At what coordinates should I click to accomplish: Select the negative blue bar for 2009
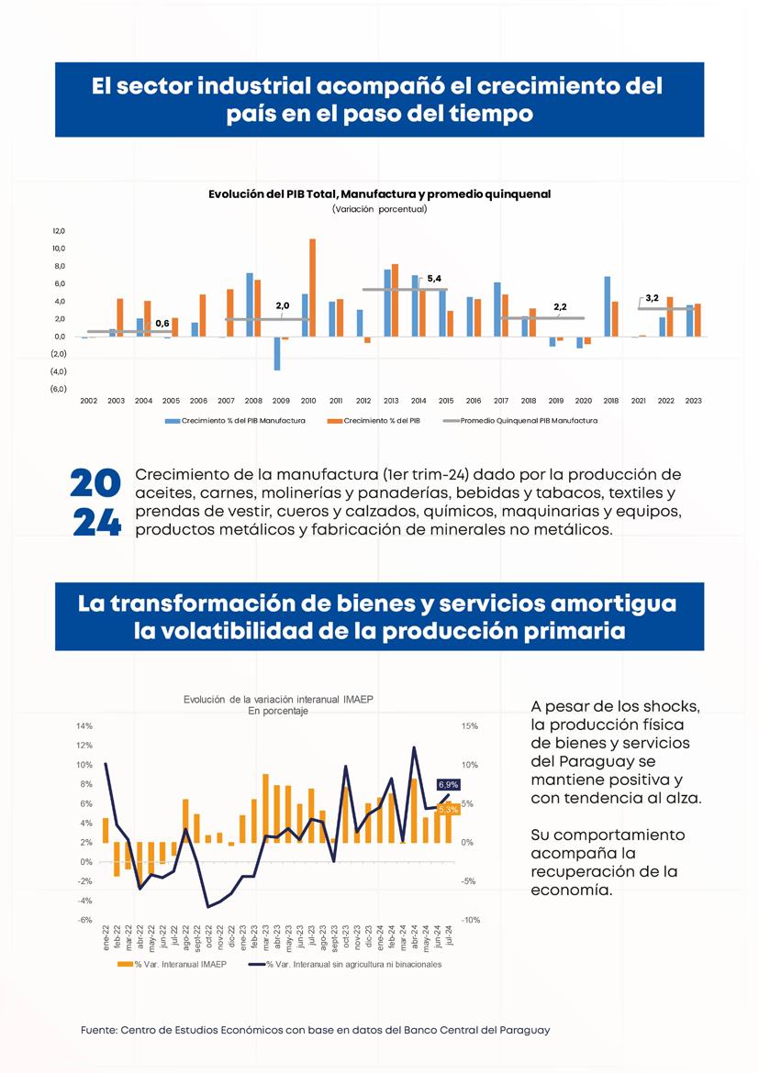pos(276,353)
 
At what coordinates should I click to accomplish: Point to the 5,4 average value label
pos(434,278)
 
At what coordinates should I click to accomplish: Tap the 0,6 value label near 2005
pos(162,323)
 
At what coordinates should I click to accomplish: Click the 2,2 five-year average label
pos(560,306)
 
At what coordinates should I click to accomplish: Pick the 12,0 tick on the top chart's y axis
pos(59,231)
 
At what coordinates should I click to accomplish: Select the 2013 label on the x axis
pos(391,401)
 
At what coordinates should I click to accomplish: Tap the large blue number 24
pos(96,523)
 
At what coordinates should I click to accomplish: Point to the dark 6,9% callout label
pos(448,785)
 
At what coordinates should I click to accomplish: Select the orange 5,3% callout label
pos(448,809)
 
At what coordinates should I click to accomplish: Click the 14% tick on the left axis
pos(84,726)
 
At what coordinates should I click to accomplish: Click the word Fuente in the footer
pos(99,1031)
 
